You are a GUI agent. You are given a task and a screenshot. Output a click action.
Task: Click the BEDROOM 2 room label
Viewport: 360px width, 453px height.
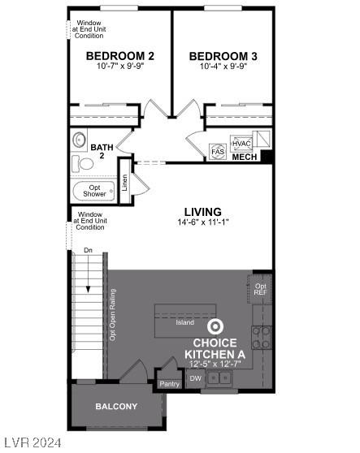119,56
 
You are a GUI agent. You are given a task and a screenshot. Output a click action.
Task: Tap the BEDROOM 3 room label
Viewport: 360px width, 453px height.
223,56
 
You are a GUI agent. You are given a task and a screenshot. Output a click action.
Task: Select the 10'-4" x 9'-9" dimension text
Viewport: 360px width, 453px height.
223,67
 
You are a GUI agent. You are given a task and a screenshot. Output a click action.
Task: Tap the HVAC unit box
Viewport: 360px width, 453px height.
242,143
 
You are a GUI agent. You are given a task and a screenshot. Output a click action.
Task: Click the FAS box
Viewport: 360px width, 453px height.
218,152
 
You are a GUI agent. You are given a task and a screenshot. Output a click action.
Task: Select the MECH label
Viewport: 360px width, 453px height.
245,157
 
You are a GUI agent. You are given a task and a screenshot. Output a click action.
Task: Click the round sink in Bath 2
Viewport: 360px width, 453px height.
80,140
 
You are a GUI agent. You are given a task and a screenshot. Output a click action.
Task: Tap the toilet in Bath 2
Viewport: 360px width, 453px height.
84,165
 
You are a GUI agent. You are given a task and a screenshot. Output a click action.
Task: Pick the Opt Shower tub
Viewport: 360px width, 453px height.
93,192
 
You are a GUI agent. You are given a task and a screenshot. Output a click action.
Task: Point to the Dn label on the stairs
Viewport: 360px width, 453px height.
88,251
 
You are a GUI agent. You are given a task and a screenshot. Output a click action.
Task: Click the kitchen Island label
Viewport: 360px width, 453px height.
184,322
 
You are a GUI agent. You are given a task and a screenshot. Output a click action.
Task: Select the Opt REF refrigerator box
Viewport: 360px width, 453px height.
260,289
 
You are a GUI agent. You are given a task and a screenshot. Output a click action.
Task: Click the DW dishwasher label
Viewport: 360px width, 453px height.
195,378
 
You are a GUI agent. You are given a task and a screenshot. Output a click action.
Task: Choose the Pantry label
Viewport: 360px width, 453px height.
169,384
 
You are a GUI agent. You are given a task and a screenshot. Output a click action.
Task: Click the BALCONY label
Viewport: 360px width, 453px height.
116,406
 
